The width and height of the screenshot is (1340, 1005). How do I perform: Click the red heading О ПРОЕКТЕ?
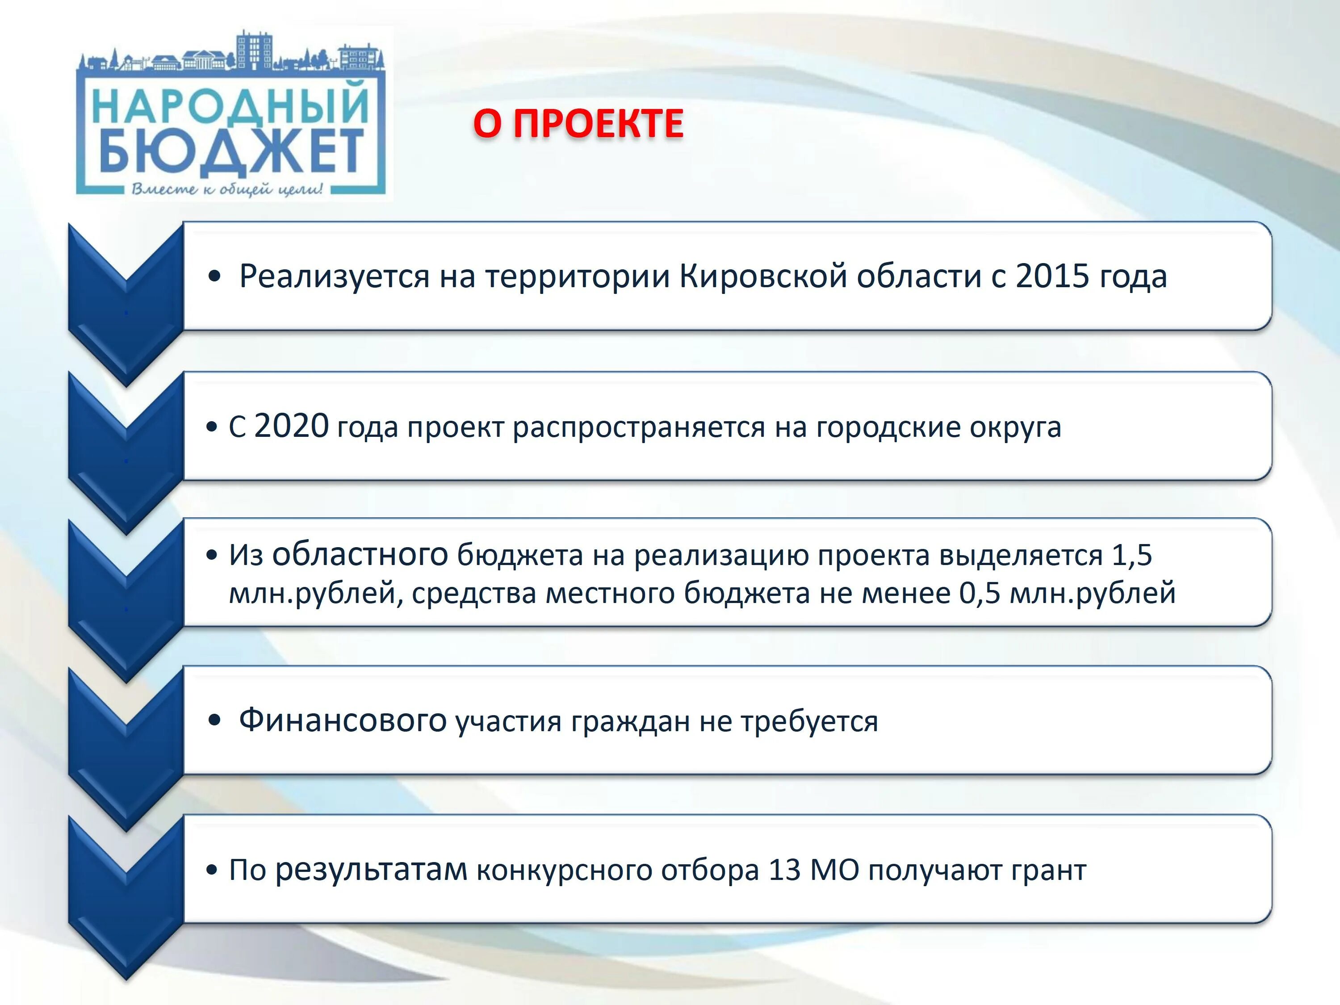(x=578, y=124)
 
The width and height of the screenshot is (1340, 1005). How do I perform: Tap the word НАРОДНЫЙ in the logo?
(x=230, y=104)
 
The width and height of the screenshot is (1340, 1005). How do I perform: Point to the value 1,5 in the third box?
(x=1131, y=555)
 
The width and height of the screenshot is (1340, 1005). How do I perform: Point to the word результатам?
(x=371, y=870)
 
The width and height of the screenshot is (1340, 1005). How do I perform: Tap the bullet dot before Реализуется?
(x=214, y=277)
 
